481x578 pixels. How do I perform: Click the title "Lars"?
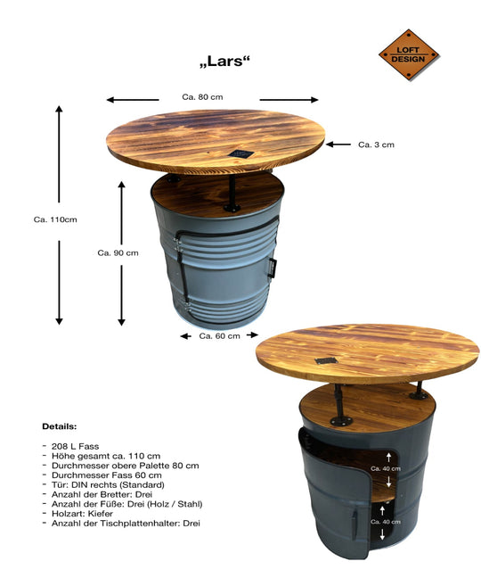click(x=224, y=62)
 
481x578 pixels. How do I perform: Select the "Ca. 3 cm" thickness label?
click(x=376, y=144)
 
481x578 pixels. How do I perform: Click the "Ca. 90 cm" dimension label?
click(x=118, y=252)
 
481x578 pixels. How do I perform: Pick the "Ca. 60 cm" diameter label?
click(x=219, y=336)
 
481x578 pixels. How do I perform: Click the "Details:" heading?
click(x=60, y=426)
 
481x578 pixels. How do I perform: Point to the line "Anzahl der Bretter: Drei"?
click(x=105, y=493)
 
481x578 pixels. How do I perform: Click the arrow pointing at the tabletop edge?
click(x=336, y=144)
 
